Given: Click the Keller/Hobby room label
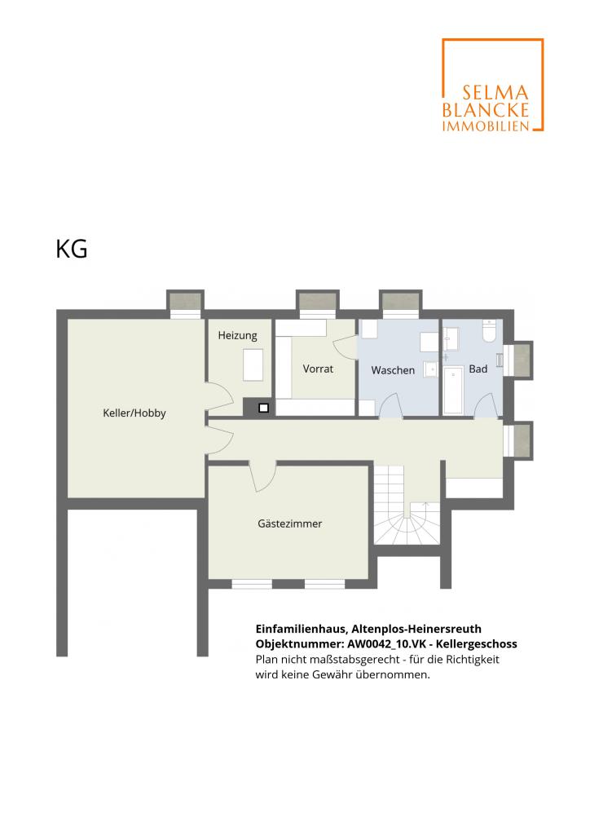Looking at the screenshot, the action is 134,413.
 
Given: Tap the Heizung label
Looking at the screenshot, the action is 237,335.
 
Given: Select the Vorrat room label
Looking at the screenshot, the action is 318,369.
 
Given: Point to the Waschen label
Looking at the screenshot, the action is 393,370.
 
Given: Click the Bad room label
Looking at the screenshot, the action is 478,369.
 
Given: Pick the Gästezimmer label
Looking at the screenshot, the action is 290,524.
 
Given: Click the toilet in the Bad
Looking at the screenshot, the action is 489,331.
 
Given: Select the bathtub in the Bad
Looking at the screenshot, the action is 454,390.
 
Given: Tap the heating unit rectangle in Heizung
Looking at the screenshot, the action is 253,364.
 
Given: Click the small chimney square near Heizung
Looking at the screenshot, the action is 263,408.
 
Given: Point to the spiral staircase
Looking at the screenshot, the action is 407,504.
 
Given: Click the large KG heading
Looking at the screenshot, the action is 71,249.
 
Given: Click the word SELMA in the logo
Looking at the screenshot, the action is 495,93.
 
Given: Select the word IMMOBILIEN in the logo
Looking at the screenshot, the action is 486,126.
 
